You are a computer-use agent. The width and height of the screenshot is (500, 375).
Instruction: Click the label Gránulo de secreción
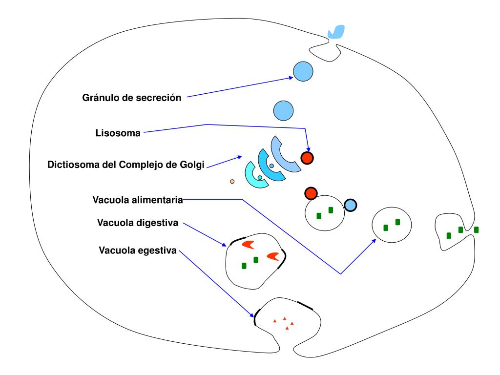tap(131, 98)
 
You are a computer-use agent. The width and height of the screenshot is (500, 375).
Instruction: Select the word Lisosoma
tap(118, 133)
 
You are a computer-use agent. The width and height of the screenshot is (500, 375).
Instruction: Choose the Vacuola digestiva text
tap(138, 224)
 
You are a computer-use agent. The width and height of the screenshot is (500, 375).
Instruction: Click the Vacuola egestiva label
tap(137, 251)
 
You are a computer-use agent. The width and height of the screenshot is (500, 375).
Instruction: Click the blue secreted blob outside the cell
tap(336, 32)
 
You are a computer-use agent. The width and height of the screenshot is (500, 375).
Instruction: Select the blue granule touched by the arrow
tap(303, 72)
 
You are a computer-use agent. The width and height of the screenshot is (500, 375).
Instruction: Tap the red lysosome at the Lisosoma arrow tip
tap(307, 158)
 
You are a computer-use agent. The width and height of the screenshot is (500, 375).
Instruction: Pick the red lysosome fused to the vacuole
tap(311, 193)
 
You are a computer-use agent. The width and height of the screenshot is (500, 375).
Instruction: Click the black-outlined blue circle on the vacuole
tap(350, 206)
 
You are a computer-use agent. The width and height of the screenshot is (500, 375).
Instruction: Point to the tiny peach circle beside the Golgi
tap(232, 182)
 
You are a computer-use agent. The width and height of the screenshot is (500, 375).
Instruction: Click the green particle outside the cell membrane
tap(477, 229)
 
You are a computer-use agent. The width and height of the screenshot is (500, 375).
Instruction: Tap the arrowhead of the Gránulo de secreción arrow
tap(291, 77)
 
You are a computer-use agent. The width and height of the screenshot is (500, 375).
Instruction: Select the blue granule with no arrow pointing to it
tap(283, 111)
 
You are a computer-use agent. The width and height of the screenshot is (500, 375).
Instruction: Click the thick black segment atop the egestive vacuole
tap(305, 306)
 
